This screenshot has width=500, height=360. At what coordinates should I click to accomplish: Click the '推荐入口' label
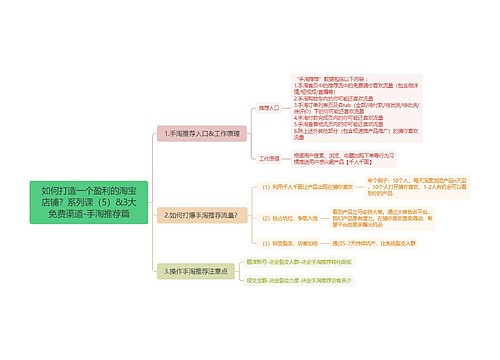[268, 105]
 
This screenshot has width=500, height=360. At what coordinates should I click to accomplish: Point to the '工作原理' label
[268, 158]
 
